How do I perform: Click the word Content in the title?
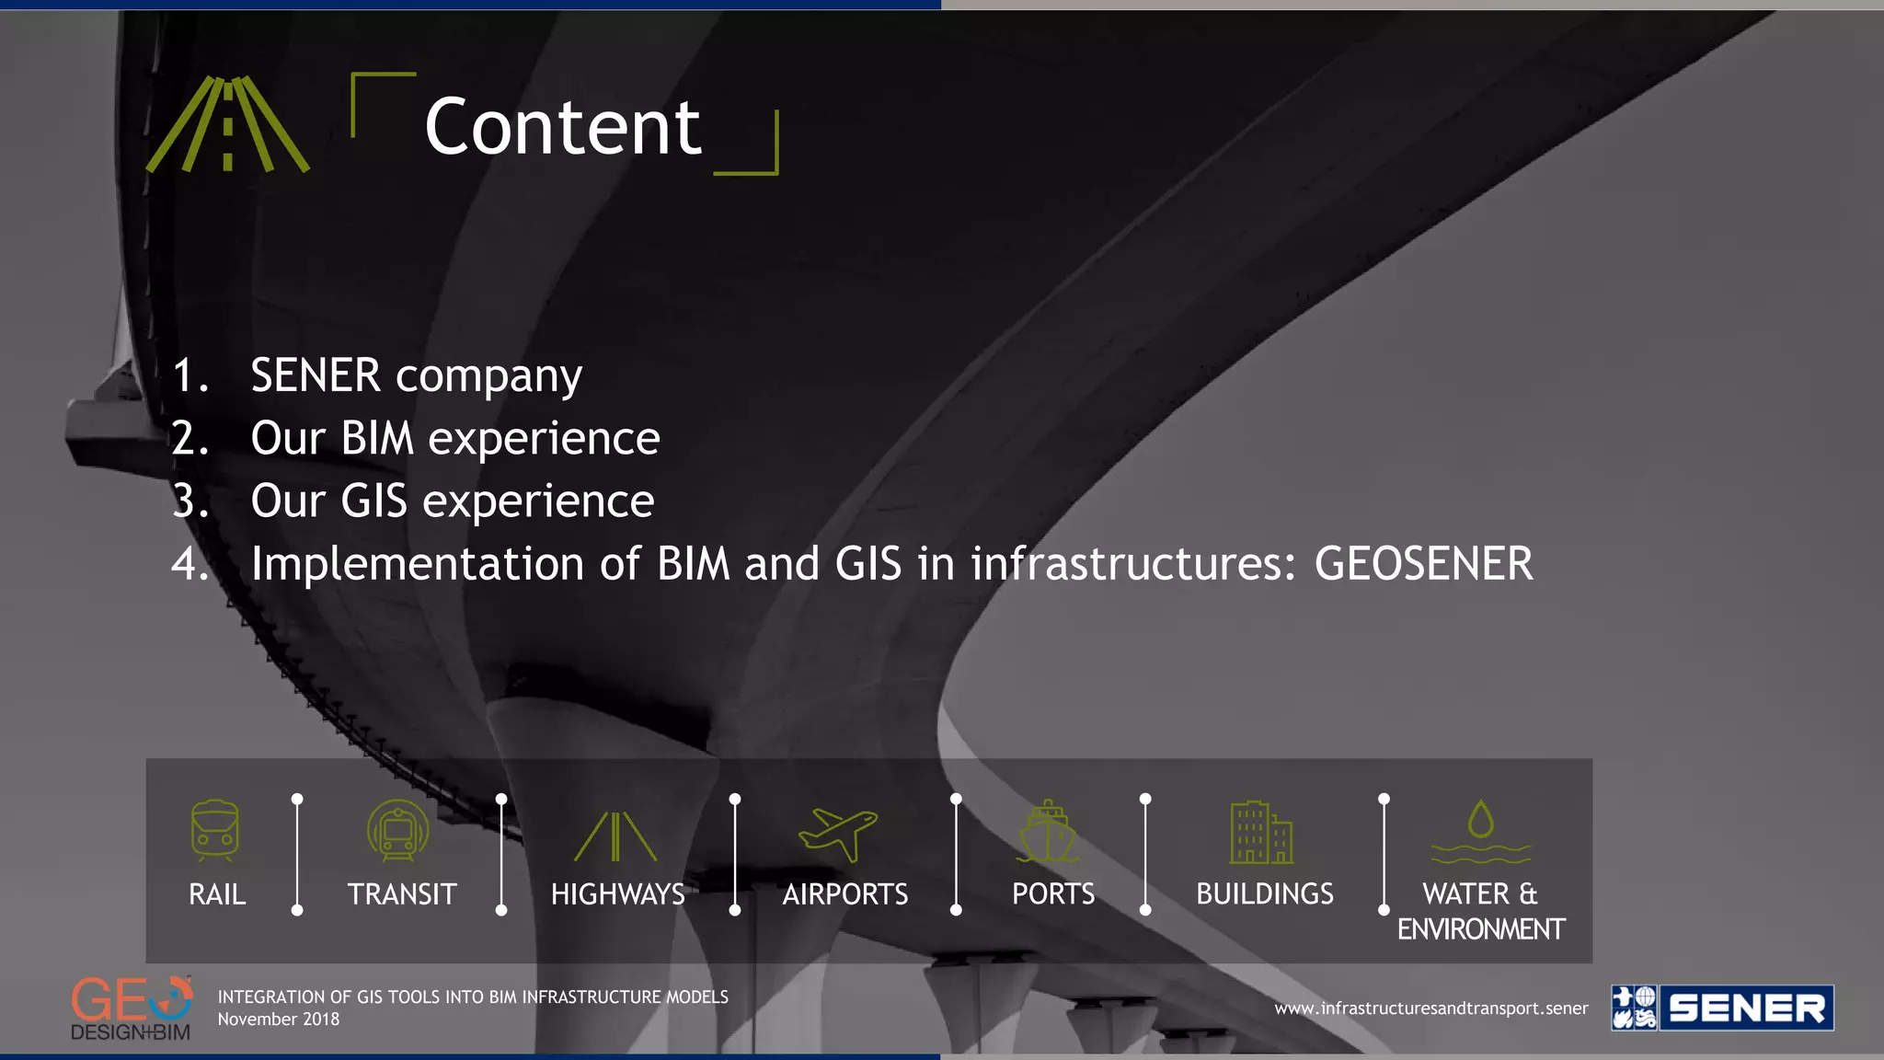pyautogui.click(x=562, y=127)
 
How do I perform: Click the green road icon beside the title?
pyautogui.click(x=228, y=124)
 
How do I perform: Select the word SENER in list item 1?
pyautogui.click(x=316, y=375)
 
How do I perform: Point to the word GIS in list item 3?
pyautogui.click(x=373, y=501)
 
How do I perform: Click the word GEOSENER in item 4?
pyautogui.click(x=1423, y=563)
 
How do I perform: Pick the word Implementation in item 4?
pyautogui.click(x=418, y=563)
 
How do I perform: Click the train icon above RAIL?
pyautogui.click(x=215, y=831)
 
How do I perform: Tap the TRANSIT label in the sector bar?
pyautogui.click(x=402, y=893)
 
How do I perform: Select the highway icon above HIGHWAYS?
pyautogui.click(x=615, y=836)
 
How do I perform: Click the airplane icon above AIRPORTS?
pyautogui.click(x=838, y=834)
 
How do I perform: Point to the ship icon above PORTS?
pyautogui.click(x=1049, y=832)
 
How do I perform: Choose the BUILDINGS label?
pyautogui.click(x=1264, y=893)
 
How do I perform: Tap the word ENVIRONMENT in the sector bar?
pyautogui.click(x=1480, y=929)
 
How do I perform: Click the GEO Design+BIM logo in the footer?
pyautogui.click(x=132, y=1008)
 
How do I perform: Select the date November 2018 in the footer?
pyautogui.click(x=279, y=1020)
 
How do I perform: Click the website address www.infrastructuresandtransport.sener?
pyautogui.click(x=1430, y=1008)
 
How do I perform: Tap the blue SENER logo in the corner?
pyautogui.click(x=1721, y=1008)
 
